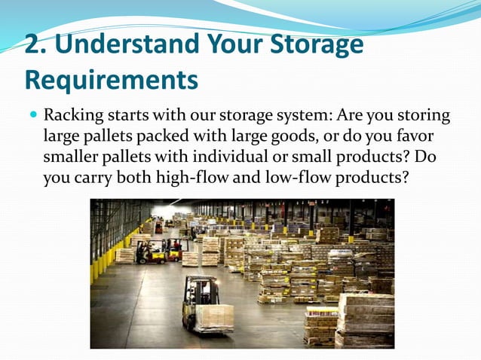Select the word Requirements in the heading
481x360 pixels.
pyautogui.click(x=112, y=78)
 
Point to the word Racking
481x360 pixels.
pyautogui.click(x=72, y=117)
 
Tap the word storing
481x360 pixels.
pyautogui.click(x=423, y=117)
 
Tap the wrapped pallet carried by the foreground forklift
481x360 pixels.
pyautogui.click(x=215, y=317)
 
